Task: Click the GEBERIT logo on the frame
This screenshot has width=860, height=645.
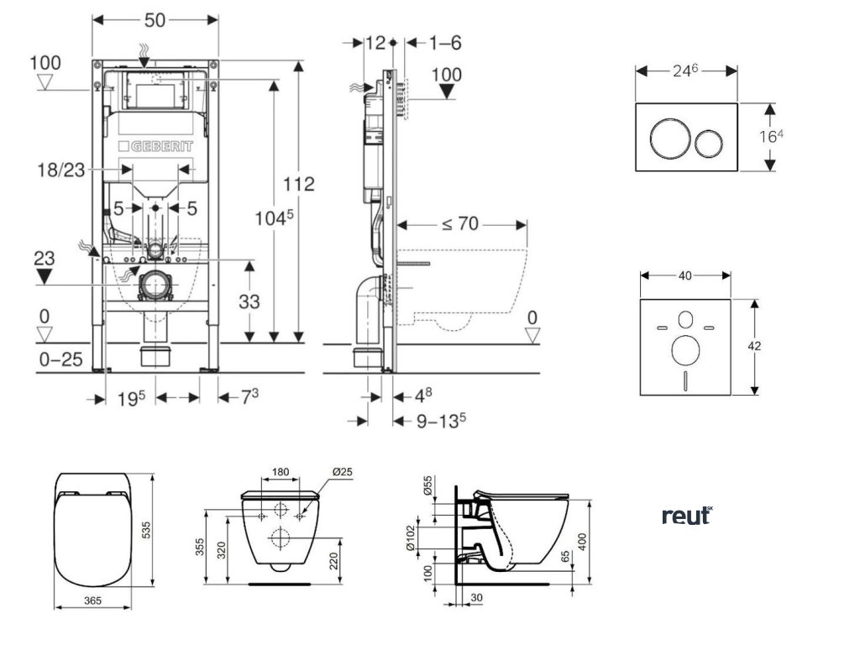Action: click(x=156, y=146)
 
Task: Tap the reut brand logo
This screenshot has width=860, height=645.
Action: click(x=686, y=515)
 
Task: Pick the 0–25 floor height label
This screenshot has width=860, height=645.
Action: click(x=60, y=359)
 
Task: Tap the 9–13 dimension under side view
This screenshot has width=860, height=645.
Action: click(x=442, y=421)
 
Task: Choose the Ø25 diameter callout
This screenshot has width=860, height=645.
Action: click(x=343, y=472)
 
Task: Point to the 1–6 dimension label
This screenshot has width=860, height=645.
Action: click(x=444, y=42)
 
